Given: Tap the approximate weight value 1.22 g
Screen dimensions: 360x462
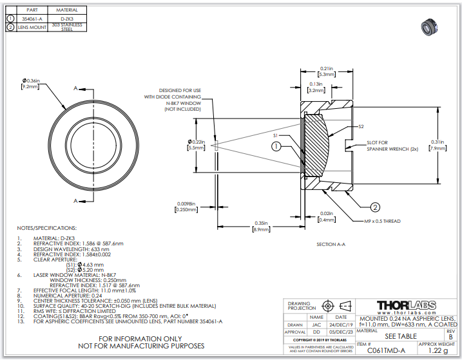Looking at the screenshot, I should (x=438, y=352).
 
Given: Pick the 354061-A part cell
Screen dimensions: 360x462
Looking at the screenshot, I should (x=32, y=19).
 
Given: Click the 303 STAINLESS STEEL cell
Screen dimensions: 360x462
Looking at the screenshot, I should (x=67, y=27).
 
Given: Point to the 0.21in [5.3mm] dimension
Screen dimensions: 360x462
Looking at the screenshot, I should (x=326, y=71).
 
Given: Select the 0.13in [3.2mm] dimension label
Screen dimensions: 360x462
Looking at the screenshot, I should (x=315, y=88).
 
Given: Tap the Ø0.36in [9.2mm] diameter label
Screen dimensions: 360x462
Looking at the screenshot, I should (x=30, y=83).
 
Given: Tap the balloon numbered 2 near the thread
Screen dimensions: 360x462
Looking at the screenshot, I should (x=373, y=207).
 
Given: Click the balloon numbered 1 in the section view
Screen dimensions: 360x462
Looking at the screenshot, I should (x=276, y=147).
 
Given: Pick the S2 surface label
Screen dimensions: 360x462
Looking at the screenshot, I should (x=361, y=127).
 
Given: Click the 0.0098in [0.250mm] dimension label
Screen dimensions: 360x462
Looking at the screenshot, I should (x=186, y=207).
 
